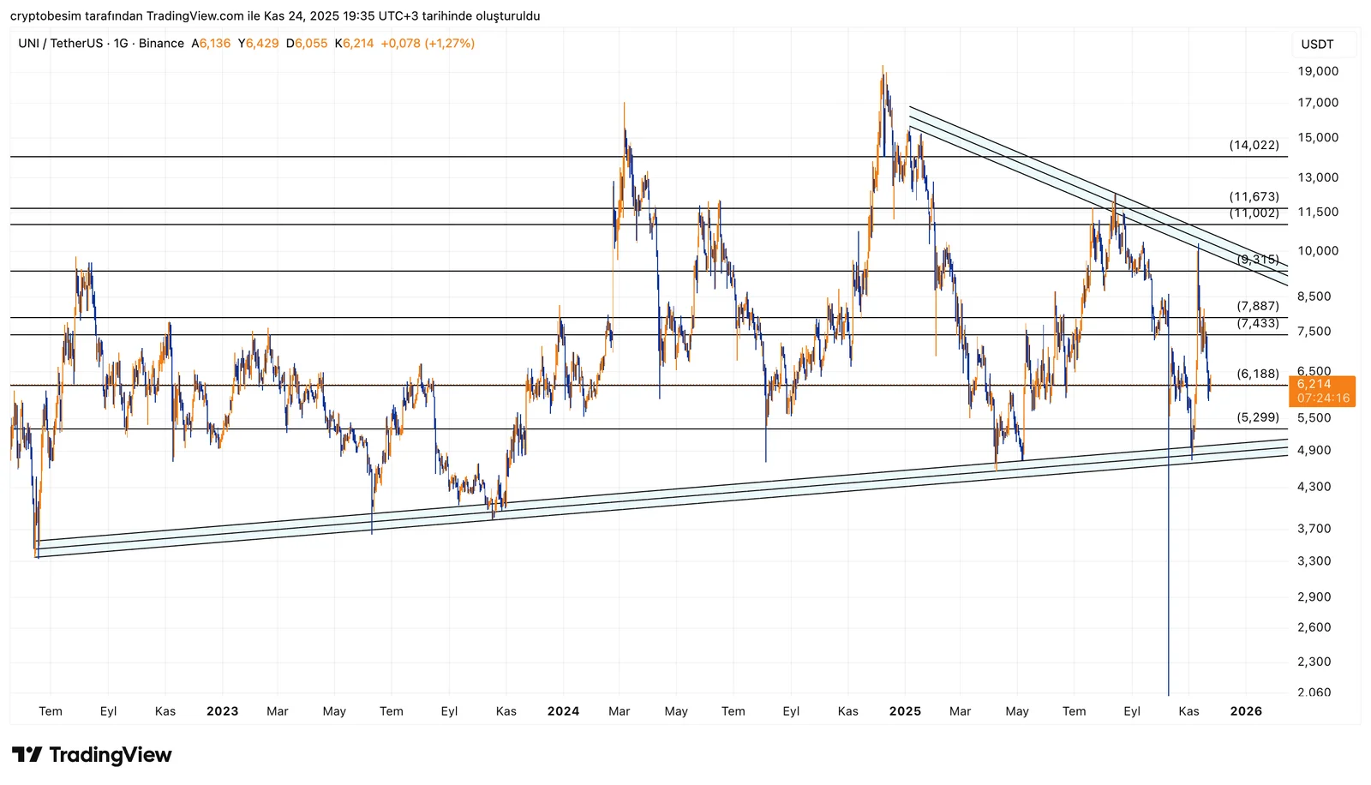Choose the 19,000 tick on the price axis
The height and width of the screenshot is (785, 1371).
(1317, 71)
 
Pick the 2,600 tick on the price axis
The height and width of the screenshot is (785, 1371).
(1314, 627)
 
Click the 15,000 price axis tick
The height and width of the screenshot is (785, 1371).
(1317, 138)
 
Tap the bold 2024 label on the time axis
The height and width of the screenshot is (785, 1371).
(563, 711)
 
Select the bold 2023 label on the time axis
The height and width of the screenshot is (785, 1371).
(222, 711)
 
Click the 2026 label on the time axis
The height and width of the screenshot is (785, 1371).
(1245, 711)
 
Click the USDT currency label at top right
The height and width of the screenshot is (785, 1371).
(1317, 45)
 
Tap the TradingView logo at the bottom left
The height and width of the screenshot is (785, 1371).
(92, 755)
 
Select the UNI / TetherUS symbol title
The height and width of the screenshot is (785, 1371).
(60, 44)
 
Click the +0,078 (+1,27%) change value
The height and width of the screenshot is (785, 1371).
(428, 44)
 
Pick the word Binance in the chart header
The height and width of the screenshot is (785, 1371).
(161, 44)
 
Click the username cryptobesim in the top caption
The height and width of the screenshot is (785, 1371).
(45, 16)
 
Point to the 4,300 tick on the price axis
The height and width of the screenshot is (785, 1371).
(1314, 487)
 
